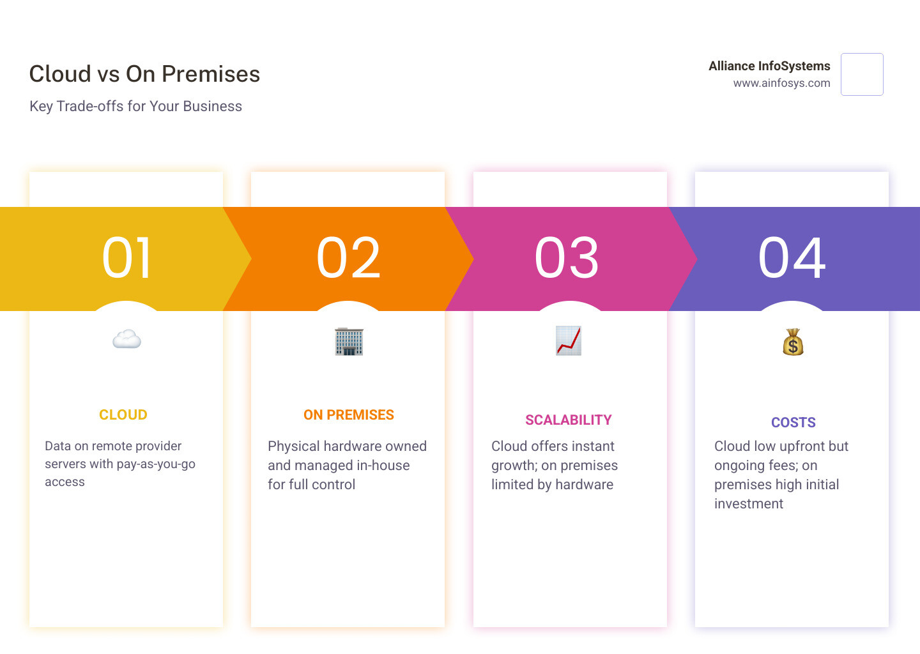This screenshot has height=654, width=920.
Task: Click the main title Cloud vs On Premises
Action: tap(144, 74)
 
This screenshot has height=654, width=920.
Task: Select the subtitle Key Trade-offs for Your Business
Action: tap(135, 106)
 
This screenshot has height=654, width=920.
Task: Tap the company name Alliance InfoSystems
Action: tap(769, 66)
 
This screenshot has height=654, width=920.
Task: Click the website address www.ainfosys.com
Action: tap(781, 83)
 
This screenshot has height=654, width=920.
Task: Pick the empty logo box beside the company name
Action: tap(862, 75)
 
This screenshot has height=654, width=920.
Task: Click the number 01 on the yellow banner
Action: tap(127, 258)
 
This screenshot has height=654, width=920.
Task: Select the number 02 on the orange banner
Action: tap(349, 258)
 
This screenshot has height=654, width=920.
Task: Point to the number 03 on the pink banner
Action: tap(567, 258)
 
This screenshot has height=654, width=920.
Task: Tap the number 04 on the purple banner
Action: tap(792, 258)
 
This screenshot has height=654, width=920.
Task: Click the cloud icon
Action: tap(126, 339)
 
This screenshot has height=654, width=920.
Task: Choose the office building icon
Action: tap(349, 341)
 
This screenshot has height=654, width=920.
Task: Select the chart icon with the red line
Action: tap(568, 340)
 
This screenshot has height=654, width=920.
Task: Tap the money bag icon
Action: tap(793, 342)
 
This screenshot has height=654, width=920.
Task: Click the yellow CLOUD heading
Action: tap(123, 415)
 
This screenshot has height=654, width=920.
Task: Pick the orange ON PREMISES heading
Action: tap(349, 415)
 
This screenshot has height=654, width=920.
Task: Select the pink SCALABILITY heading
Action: tap(569, 420)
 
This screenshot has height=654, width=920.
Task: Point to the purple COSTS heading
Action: tap(793, 423)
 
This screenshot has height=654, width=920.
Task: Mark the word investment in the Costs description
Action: tap(748, 504)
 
